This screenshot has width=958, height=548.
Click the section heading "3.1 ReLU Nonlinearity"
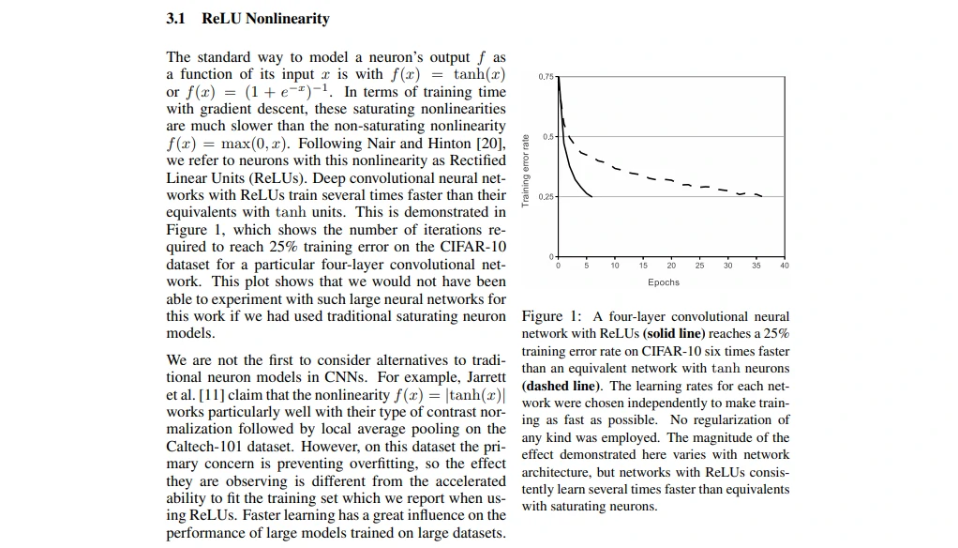[x=247, y=19]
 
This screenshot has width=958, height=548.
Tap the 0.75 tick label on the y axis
[x=546, y=75]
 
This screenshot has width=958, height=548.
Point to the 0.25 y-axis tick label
[x=546, y=196]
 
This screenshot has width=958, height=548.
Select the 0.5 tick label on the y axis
[x=549, y=136]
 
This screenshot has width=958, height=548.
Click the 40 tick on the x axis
[x=785, y=266]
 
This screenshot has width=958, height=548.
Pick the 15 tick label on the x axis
[x=643, y=266]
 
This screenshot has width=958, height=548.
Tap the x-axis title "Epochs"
[x=663, y=282]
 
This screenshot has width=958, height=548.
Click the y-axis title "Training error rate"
[x=527, y=169]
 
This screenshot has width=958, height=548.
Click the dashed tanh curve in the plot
[x=656, y=176]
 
